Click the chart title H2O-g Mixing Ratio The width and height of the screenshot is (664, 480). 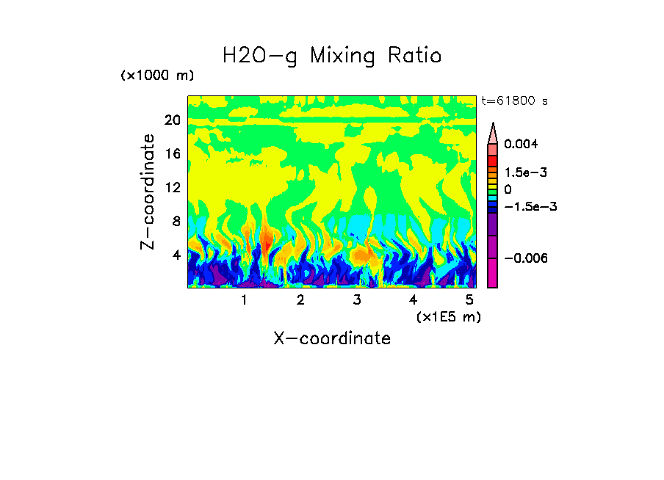pos(332,56)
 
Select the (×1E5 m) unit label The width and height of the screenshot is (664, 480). pos(448,316)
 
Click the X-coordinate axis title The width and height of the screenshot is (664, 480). pos(332,338)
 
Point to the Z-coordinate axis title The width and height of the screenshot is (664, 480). pos(148,192)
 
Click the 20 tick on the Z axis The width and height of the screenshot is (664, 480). pos(173,120)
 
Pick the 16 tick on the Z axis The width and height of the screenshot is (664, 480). pos(173,154)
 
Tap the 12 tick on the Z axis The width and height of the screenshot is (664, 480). pos(173,188)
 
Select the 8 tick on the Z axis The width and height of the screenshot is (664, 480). pos(176,222)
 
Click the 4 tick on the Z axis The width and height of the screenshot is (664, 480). pos(176,255)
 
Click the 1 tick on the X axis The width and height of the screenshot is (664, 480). pos(244,300)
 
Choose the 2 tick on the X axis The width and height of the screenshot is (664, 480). pos(300,300)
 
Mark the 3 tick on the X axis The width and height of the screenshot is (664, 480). pos(357,300)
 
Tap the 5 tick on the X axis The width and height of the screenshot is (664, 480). pos(469,300)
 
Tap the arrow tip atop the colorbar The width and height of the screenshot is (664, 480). pos(493,126)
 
